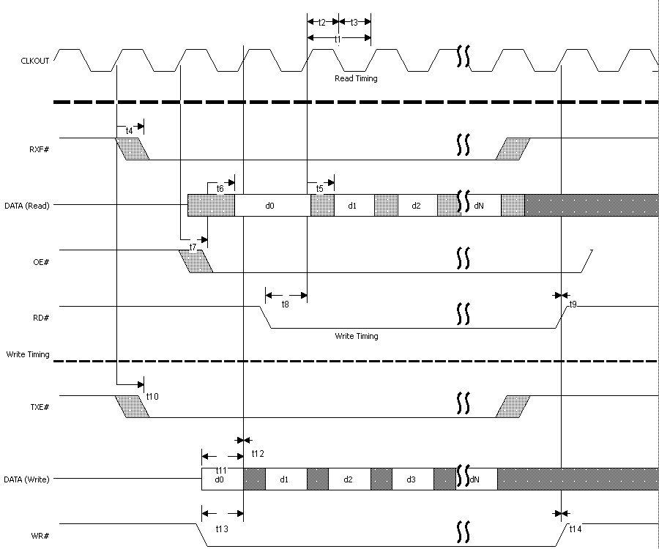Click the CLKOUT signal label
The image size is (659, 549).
point(35,61)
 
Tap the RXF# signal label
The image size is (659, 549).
point(39,149)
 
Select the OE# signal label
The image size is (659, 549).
point(40,261)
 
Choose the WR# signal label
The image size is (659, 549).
point(40,536)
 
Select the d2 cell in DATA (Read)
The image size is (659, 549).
point(416,206)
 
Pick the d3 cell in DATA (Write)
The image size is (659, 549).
point(411,479)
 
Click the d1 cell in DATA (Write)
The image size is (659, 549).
point(283,479)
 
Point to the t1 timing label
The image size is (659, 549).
point(338,39)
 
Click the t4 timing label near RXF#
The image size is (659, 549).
point(130,130)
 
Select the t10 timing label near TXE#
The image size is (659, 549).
point(152,396)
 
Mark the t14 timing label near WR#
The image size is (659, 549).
point(576,528)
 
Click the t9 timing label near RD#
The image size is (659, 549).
point(573,303)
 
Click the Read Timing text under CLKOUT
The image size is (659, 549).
point(356,78)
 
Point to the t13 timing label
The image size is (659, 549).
point(221,528)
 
